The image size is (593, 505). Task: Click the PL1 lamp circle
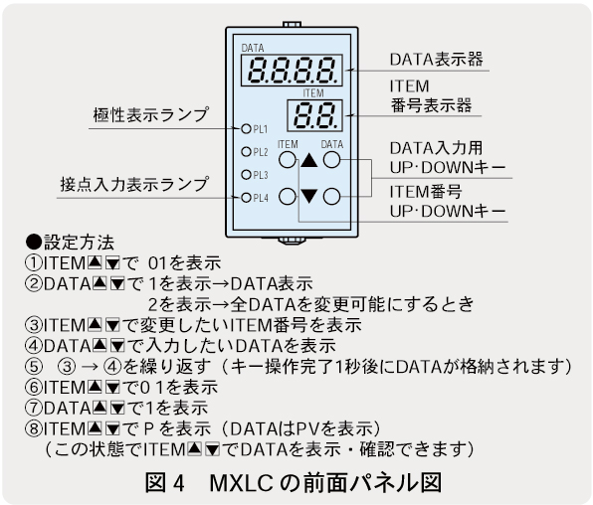[246, 129]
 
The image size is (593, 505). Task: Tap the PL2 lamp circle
[246, 152]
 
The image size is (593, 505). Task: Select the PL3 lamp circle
[246, 175]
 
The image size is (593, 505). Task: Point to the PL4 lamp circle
[246, 198]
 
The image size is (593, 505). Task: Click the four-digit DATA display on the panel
[292, 71]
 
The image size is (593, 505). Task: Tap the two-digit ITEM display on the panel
[315, 115]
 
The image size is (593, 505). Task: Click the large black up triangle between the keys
[309, 160]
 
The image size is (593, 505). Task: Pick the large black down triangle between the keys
[309, 196]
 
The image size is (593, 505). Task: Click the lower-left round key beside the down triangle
[288, 197]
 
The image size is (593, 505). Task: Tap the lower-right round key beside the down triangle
[331, 197]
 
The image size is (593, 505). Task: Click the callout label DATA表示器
[437, 59]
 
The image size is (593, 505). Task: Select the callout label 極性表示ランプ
[151, 114]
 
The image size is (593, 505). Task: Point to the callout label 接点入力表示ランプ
[134, 184]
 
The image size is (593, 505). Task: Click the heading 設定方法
[79, 243]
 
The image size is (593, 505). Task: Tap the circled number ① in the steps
[33, 263]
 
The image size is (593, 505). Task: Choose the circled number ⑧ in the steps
[33, 428]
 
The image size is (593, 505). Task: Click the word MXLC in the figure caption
[242, 483]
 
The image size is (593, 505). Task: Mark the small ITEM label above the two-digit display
[313, 93]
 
